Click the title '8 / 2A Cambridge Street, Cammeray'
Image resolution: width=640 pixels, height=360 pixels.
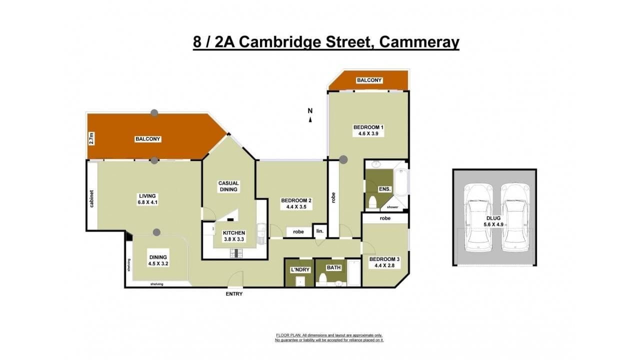pos(326,41)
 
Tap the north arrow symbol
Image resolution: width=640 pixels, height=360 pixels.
pos(310,119)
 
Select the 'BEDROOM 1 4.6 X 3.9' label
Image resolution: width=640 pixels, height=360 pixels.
pos(369,130)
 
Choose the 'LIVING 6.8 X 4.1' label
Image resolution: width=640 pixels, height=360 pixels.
pos(148,199)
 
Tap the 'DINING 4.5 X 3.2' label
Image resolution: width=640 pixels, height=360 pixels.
pos(158,260)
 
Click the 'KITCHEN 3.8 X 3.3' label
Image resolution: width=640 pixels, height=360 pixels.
pos(234,236)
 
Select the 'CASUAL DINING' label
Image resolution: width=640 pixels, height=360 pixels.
pos(228,186)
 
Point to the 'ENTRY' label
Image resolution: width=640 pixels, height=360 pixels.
pos(234,294)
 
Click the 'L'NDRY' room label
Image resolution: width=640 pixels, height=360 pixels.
pos(300,269)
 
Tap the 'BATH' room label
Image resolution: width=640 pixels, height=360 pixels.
pos(334,267)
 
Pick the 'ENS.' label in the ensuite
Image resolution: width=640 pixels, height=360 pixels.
pos(385,189)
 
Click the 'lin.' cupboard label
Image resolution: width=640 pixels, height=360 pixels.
pos(319,231)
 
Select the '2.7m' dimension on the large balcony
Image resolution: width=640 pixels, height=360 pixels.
pos(91,138)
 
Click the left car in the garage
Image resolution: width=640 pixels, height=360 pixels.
pos(478,218)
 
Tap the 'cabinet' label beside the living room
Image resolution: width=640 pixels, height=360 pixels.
pos(92,198)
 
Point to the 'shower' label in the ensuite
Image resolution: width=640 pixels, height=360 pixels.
pos(392,207)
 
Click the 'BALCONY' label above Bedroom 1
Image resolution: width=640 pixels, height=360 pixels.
pos(369,80)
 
